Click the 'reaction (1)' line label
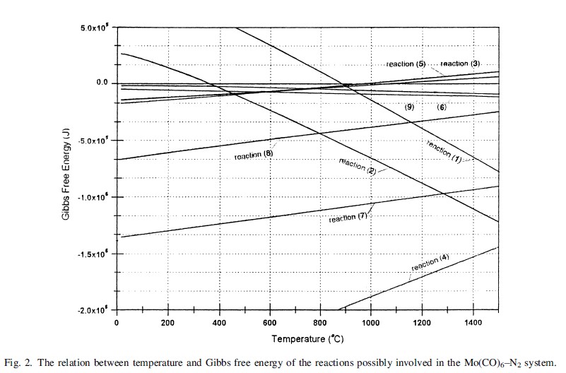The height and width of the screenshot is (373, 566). pos(444,152)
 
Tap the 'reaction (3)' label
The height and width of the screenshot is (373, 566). pos(459,64)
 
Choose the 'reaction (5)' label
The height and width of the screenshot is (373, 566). pos(406,64)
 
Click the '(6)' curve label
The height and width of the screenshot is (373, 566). pos(442,107)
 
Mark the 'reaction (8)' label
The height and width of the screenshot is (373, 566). pos(254,155)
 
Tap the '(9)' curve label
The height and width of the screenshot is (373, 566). pos(408,107)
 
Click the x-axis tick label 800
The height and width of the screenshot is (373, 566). pos(320,323)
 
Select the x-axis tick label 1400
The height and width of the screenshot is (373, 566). pos(472,323)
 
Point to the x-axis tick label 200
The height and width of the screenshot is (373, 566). pos(167,323)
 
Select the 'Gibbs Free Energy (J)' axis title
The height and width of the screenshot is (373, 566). pos(65,168)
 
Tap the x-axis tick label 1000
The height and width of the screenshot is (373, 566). pos(370,323)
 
